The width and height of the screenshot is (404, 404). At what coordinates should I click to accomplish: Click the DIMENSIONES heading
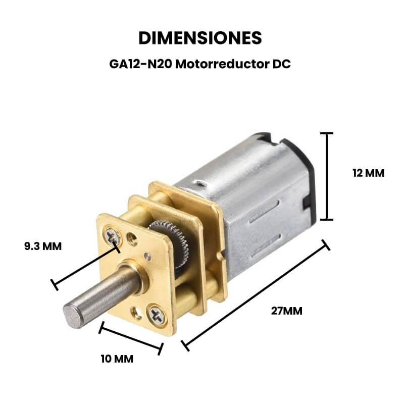(x=200, y=38)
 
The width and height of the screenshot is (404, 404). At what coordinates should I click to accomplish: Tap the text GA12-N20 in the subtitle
(x=141, y=64)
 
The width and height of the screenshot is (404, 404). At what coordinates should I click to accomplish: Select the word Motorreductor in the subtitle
(x=222, y=64)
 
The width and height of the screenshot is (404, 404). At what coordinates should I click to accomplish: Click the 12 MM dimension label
(x=369, y=173)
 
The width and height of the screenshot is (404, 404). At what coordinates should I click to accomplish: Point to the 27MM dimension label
(x=286, y=311)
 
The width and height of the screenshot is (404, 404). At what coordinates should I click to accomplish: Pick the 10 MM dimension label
(x=117, y=359)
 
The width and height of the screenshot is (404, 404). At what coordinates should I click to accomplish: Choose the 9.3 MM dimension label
(x=43, y=246)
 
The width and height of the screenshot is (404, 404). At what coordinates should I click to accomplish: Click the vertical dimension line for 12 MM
(x=327, y=176)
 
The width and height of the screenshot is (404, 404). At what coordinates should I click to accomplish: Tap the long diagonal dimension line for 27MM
(x=256, y=295)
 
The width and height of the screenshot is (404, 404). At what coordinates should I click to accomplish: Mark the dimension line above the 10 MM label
(x=131, y=338)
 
